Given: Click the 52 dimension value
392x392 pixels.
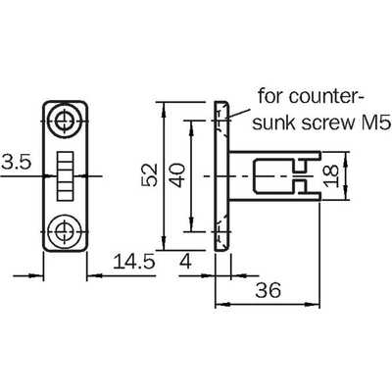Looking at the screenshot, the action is [x=150, y=174].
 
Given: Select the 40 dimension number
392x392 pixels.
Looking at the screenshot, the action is [x=178, y=175].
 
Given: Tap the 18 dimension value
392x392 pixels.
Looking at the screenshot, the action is [x=331, y=175].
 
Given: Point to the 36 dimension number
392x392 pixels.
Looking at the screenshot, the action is [x=269, y=290].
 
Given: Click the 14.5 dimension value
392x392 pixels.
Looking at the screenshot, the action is [x=133, y=262].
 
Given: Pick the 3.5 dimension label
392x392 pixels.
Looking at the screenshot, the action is [x=16, y=162].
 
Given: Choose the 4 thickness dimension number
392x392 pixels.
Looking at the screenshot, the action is [x=185, y=262].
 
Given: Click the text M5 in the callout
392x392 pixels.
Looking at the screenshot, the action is [x=378, y=123].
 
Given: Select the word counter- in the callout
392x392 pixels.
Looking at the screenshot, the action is [x=326, y=96].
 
